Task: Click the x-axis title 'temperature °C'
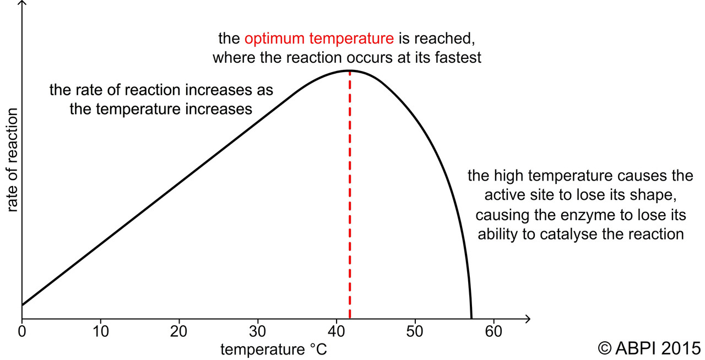pos(274,349)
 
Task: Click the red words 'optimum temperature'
pos(319,39)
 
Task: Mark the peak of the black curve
pos(349,70)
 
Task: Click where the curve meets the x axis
pos(471,318)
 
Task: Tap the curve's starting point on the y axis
pos(22,304)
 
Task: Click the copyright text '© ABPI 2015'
pos(649,348)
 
